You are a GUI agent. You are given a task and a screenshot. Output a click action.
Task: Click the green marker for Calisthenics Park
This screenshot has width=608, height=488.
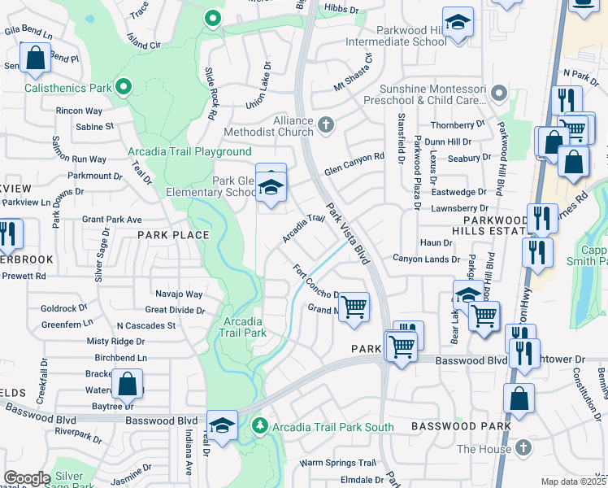pyautogui.click(x=124, y=86)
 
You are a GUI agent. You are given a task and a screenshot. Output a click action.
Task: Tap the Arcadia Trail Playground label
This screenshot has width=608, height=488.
pyautogui.click(x=189, y=152)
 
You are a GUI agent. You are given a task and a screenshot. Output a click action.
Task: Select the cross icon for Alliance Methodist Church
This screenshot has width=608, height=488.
pyautogui.click(x=326, y=124)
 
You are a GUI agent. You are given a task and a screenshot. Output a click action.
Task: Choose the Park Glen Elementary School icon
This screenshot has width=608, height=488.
pyautogui.click(x=271, y=188)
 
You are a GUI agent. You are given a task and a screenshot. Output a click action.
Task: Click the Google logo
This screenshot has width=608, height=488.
pyautogui.click(x=27, y=477)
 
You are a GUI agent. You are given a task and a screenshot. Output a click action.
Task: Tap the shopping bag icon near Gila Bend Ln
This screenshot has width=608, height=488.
pyautogui.click(x=35, y=59)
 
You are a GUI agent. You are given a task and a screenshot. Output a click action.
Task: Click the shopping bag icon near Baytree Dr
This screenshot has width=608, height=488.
pyautogui.click(x=128, y=384)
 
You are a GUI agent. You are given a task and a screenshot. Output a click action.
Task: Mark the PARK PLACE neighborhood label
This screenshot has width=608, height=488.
pyautogui.click(x=173, y=235)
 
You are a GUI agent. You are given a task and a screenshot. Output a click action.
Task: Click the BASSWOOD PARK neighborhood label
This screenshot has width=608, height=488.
pyautogui.click(x=461, y=426)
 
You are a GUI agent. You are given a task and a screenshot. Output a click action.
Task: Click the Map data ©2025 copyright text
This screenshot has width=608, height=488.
pyautogui.click(x=574, y=481)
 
